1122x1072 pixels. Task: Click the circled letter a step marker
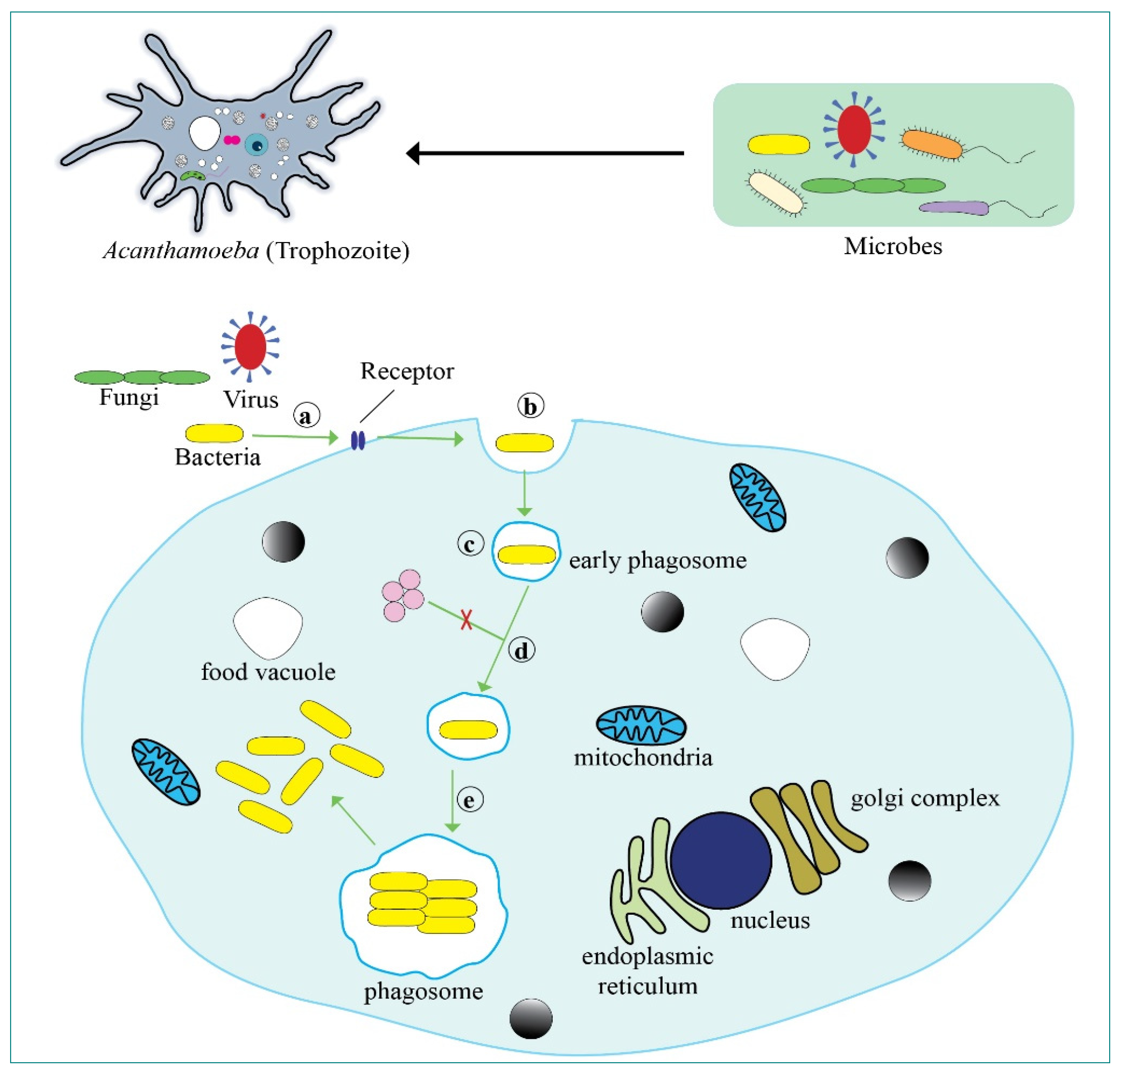[307, 416]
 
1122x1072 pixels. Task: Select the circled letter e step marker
[470, 800]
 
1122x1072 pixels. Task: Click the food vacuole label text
[268, 672]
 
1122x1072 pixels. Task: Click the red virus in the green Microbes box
[854, 130]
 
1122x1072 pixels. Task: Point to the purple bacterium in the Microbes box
[954, 208]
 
